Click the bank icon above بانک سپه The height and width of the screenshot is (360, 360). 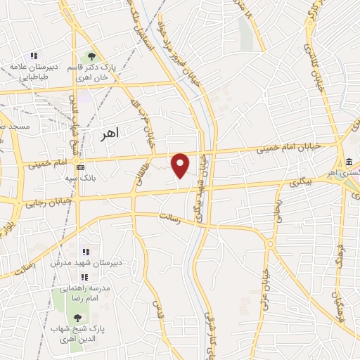[x=81, y=167]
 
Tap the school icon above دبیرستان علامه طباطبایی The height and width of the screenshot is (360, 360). [x=33, y=56]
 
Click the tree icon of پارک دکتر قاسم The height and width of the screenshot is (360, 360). [x=91, y=57]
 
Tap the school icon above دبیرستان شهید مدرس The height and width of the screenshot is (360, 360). [x=86, y=251]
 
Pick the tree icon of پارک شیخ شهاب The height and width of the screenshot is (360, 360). [x=77, y=319]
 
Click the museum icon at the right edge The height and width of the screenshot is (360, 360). [x=349, y=160]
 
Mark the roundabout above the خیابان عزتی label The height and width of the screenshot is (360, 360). [x=270, y=245]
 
